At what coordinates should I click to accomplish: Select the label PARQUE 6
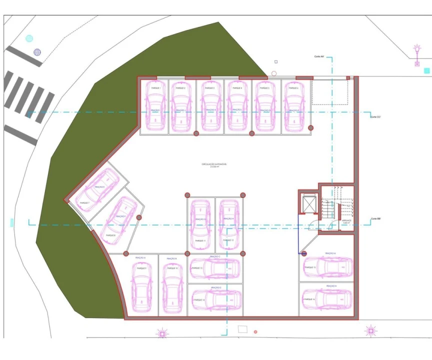click(294, 88)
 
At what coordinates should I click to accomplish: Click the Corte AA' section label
click(320, 56)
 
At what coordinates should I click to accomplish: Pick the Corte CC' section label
click(376, 116)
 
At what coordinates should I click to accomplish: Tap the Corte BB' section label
click(376, 219)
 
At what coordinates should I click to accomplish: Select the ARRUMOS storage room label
click(346, 220)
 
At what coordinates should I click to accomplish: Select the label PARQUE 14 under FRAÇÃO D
click(199, 300)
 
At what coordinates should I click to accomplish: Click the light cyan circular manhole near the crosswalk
click(29, 38)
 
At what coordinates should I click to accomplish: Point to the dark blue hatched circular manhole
click(37, 51)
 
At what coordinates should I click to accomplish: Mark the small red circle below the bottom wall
click(255, 331)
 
